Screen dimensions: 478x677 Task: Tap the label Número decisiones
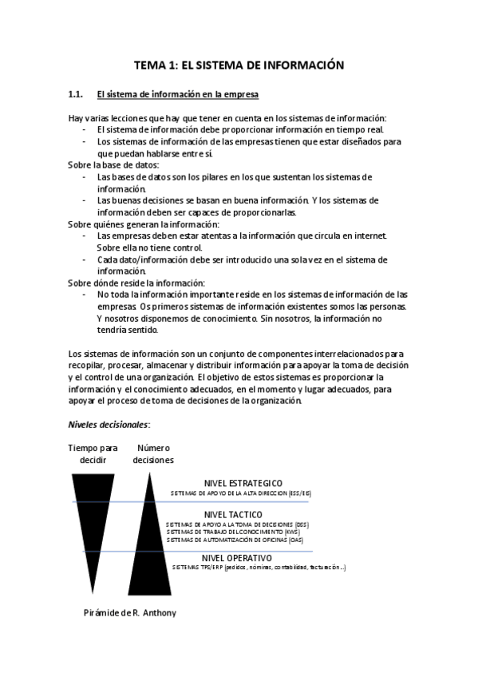coord(153,453)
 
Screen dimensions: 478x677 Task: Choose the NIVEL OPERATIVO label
coord(238,557)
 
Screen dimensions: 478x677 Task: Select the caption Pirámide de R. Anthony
coord(129,613)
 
